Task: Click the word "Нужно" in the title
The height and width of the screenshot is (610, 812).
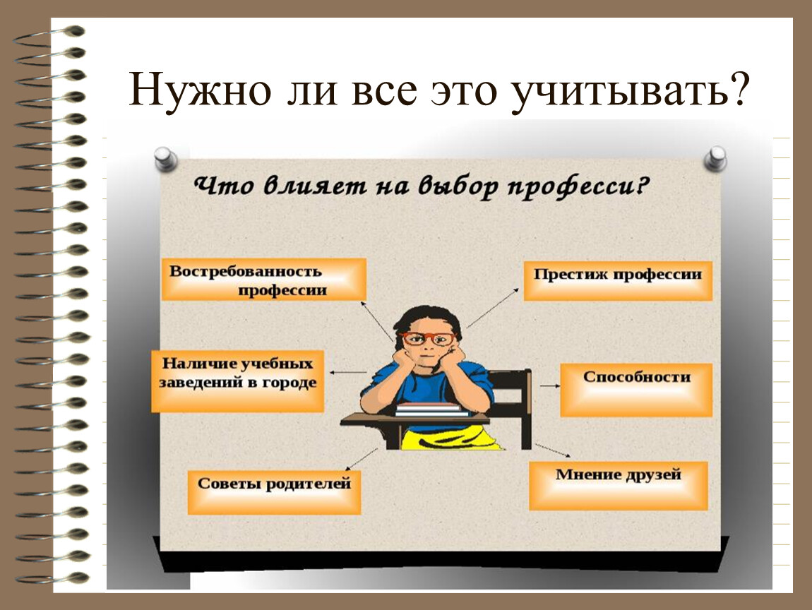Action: [200, 88]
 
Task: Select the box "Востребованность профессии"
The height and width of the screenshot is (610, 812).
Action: [264, 280]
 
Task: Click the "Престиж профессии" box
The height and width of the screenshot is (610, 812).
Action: [618, 281]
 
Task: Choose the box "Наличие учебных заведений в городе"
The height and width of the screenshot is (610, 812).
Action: [238, 381]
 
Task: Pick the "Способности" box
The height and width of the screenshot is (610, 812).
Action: [636, 390]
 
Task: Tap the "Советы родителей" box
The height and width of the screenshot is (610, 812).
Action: [274, 492]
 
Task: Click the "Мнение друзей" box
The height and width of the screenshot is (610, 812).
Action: [619, 486]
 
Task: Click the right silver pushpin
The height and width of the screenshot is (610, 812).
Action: [715, 158]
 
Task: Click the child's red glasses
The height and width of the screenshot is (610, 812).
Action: [429, 339]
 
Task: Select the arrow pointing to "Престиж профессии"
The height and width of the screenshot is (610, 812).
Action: [492, 308]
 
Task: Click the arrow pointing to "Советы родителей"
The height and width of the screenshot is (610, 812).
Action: [362, 459]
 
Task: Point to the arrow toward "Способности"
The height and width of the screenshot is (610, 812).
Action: [550, 385]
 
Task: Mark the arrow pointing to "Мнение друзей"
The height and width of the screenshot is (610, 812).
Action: [553, 450]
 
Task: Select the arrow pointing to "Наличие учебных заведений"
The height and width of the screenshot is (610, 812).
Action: [348, 372]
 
